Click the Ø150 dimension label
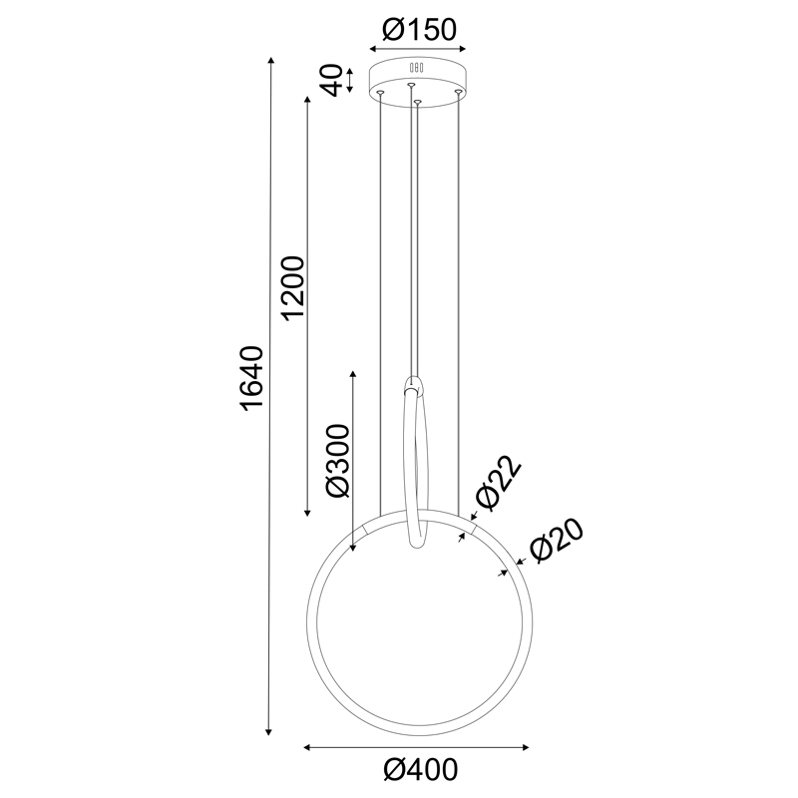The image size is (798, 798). pos(418,30)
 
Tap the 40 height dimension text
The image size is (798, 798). pos(335,79)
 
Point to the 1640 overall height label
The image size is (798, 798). pos(252,379)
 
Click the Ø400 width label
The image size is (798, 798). pos(419,770)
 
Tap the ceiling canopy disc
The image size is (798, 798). pos(418,78)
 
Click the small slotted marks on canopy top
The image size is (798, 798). pos(418,69)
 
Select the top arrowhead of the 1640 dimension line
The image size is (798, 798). pos(270,63)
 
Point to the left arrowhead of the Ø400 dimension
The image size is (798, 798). pos(308,746)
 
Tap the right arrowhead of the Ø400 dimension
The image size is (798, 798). pos(526,746)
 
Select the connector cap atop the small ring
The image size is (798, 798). pos(414,384)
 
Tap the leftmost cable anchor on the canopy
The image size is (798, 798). pos(380,93)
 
